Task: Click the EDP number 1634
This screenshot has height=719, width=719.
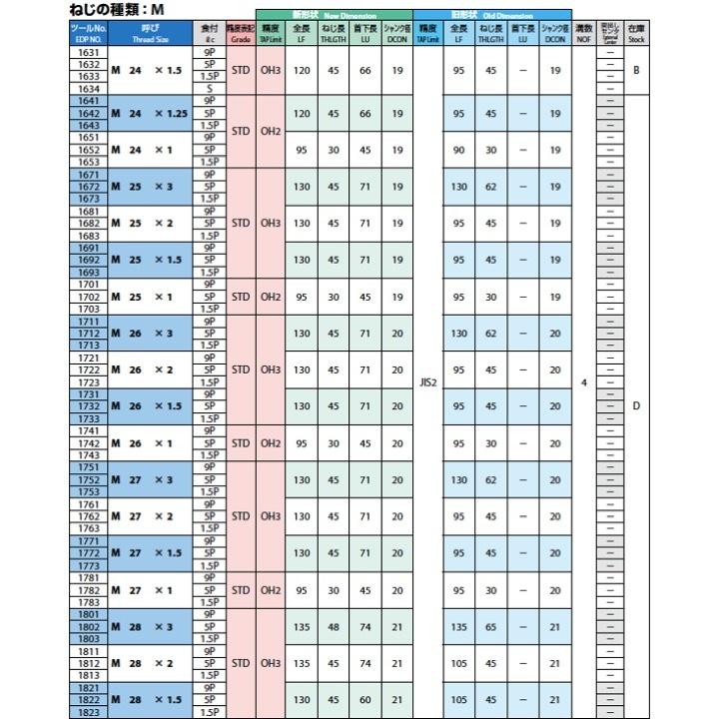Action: (x=88, y=89)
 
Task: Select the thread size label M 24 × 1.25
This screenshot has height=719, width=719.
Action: (x=150, y=114)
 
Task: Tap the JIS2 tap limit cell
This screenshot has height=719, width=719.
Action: (x=428, y=381)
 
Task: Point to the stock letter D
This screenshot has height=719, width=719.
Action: (x=636, y=405)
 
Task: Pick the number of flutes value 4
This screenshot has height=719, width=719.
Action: (x=584, y=381)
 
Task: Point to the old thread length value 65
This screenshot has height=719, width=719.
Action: (x=490, y=627)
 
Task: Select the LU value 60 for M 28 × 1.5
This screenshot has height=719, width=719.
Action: (x=365, y=700)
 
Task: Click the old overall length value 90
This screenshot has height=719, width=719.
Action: (x=458, y=150)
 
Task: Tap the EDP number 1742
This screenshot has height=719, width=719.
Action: (x=88, y=442)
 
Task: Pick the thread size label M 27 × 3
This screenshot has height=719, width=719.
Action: (x=150, y=479)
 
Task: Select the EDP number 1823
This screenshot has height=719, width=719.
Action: (x=88, y=713)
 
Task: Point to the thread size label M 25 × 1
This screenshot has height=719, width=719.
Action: (x=150, y=297)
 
